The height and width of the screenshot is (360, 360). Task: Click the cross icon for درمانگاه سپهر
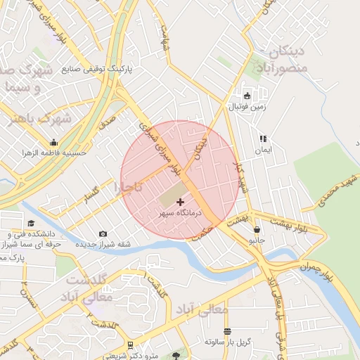181,202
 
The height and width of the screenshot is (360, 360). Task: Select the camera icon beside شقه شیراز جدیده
103,233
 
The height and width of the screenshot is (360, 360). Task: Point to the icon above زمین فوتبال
247,96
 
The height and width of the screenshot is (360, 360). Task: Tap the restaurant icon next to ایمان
263,139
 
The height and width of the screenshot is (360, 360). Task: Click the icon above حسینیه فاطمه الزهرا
53,141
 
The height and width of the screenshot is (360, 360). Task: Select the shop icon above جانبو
257,229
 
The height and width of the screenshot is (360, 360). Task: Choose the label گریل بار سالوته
226,342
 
